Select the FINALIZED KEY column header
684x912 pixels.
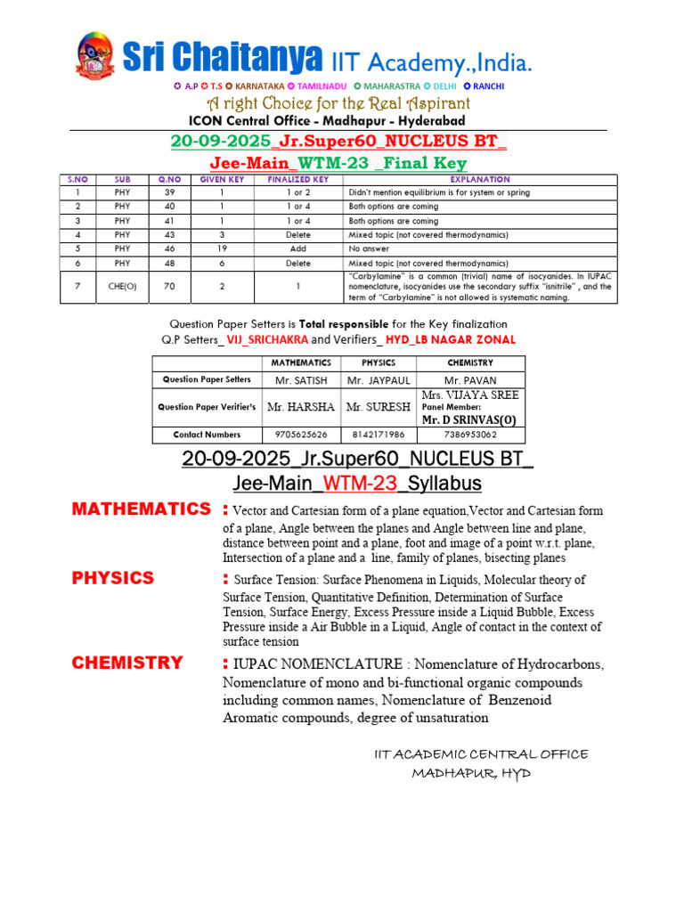[297, 179]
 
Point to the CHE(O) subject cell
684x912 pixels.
[122, 287]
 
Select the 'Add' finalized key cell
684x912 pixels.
[297, 249]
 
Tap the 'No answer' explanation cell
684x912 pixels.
[367, 249]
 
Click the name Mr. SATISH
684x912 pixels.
[300, 379]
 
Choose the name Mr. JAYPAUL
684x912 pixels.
[378, 379]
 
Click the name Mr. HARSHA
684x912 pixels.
[301, 407]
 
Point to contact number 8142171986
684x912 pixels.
[378, 435]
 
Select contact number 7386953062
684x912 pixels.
[470, 435]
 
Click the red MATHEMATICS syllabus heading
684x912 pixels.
[141, 509]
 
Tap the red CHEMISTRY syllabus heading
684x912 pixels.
[127, 663]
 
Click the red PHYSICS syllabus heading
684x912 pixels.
[113, 578]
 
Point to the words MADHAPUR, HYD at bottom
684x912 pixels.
[471, 773]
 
